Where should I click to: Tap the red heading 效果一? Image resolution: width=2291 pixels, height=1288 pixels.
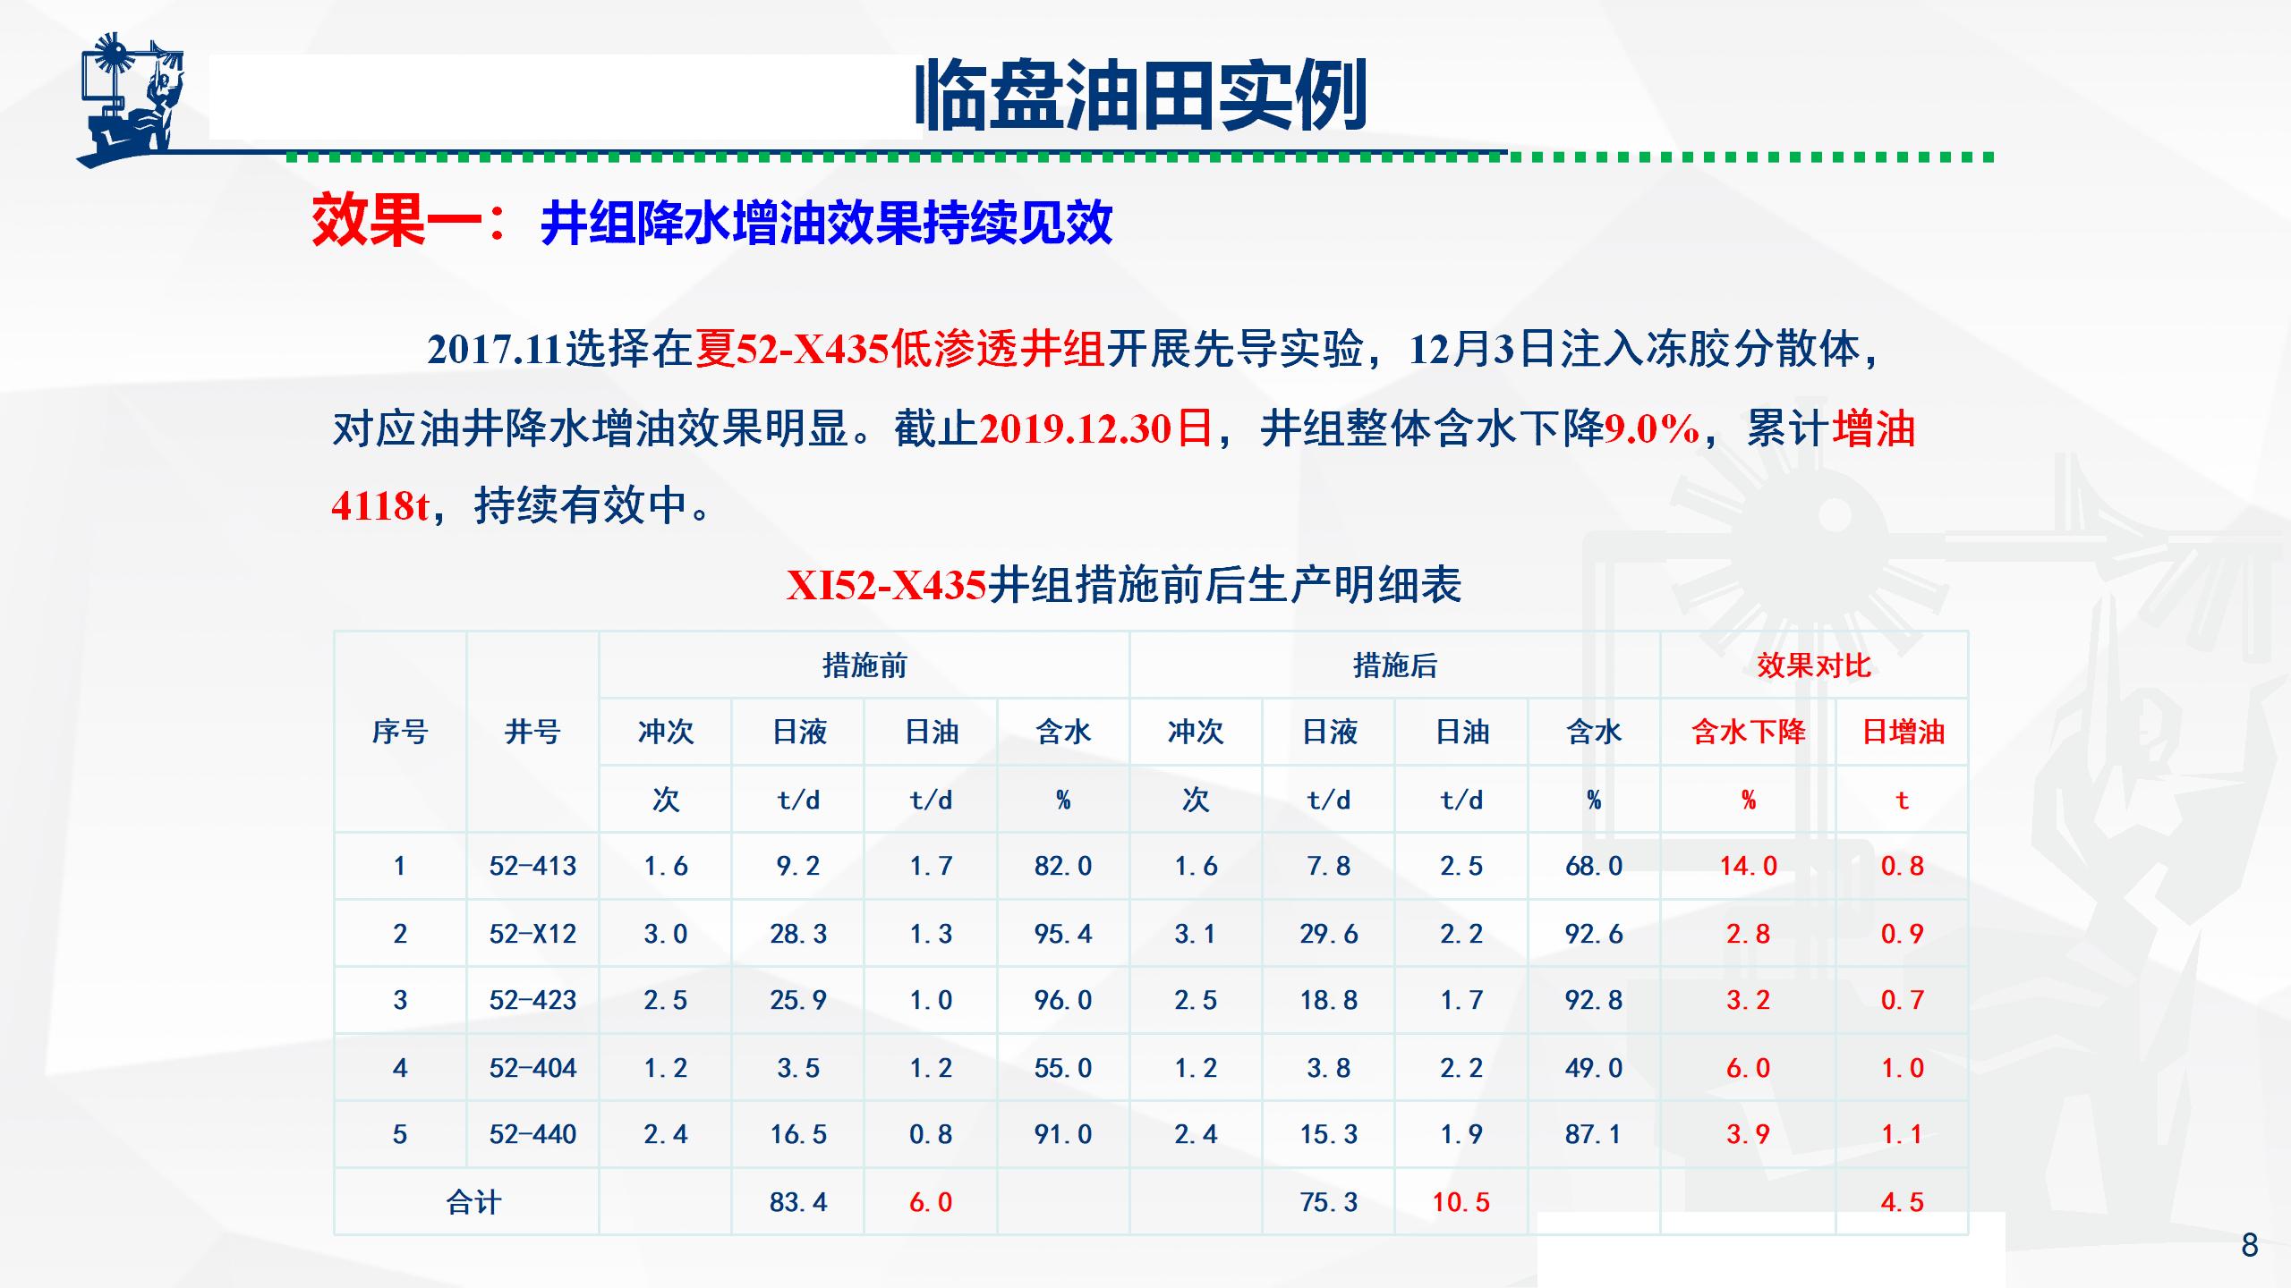tap(396, 221)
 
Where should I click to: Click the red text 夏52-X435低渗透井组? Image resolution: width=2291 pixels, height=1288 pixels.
tap(900, 349)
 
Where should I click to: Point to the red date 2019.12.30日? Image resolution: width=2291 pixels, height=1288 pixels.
tap(1096, 428)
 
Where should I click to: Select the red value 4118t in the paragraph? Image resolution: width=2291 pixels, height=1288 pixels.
tap(380, 506)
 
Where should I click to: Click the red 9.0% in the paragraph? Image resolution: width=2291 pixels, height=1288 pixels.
tap(1651, 428)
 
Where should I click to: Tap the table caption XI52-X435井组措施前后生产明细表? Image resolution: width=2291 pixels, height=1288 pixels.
tap(1124, 586)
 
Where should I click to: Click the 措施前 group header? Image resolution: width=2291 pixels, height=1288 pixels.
tap(864, 665)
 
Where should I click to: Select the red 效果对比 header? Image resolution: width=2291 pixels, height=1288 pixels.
tap(1814, 665)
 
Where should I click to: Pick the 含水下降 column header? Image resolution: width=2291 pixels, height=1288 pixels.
tap(1749, 732)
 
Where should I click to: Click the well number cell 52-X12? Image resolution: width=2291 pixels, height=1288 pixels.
tap(532, 934)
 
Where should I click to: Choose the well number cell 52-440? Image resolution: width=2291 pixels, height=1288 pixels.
tap(532, 1134)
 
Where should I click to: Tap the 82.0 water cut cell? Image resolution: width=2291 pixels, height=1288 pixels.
tap(1063, 866)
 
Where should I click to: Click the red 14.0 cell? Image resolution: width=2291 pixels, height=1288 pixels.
tap(1749, 866)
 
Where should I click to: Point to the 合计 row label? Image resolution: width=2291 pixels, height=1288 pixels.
tap(473, 1202)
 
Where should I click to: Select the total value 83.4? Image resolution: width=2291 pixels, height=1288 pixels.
tap(798, 1202)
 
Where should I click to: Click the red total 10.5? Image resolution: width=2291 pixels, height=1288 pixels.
tap(1461, 1202)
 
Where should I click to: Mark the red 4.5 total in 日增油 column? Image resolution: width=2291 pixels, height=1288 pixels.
tap(1903, 1202)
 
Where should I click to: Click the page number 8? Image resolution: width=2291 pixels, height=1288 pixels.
tap(2250, 1245)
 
